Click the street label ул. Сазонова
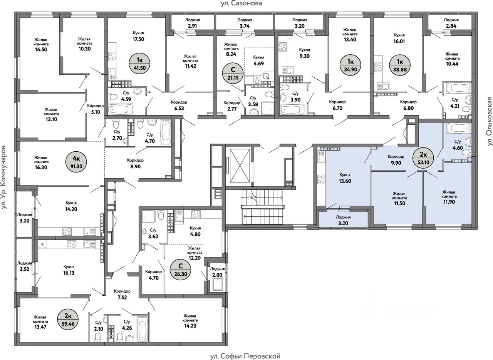click(x=241, y=3)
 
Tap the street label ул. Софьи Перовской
click(x=245, y=356)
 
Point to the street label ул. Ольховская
click(x=489, y=121)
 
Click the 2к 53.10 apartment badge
click(x=423, y=158)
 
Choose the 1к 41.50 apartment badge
click(x=140, y=64)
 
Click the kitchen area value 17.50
click(x=138, y=39)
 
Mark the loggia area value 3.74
click(x=245, y=26)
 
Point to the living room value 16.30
click(x=41, y=167)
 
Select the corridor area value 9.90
click(x=396, y=163)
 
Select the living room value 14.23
click(x=190, y=326)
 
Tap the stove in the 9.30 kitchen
click(x=282, y=47)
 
